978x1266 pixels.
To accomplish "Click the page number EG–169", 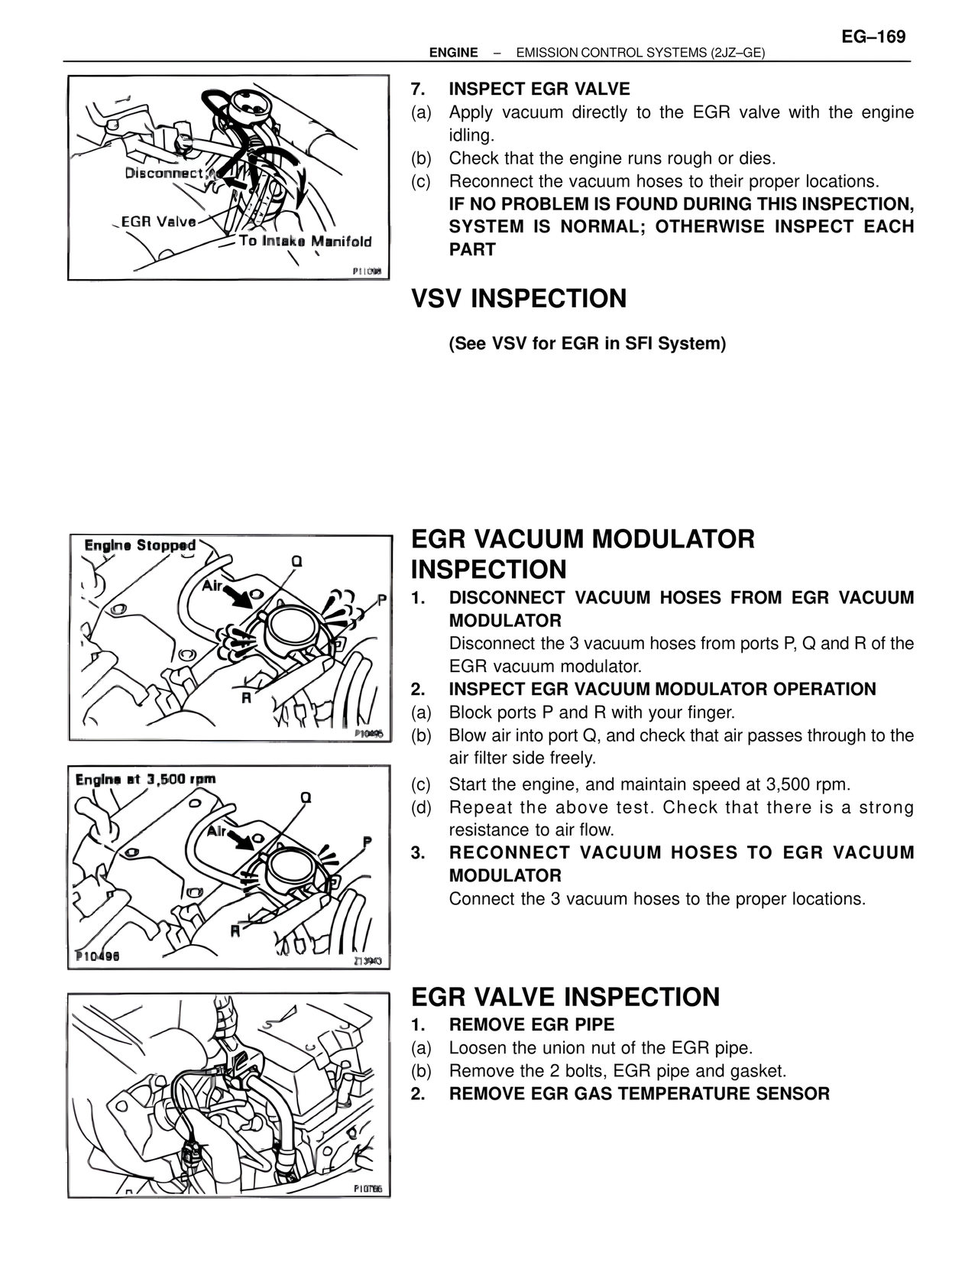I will tap(873, 37).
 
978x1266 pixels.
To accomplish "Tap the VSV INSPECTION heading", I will tap(519, 298).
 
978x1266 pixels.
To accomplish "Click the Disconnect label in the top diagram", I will tap(164, 173).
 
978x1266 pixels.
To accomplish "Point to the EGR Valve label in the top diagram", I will tap(158, 222).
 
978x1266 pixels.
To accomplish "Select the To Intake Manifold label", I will tap(305, 242).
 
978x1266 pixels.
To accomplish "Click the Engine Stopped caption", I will tap(140, 545).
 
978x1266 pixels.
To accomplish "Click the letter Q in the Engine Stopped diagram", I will tap(296, 561).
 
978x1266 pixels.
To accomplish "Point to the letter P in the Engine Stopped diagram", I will tap(382, 601).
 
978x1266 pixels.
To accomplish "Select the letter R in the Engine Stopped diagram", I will tap(246, 698).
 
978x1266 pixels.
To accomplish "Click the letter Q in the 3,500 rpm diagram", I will tap(305, 797).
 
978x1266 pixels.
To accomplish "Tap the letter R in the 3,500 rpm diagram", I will tap(235, 931).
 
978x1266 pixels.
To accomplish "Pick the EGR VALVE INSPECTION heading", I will tap(565, 997).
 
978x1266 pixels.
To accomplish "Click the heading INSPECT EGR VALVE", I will tap(539, 89).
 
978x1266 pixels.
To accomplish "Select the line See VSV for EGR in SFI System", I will tap(587, 343).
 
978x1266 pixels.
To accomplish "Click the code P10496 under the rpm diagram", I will tap(97, 957).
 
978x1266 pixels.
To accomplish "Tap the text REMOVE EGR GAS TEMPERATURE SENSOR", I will tap(639, 1093).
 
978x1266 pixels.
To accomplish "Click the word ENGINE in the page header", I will tap(453, 53).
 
